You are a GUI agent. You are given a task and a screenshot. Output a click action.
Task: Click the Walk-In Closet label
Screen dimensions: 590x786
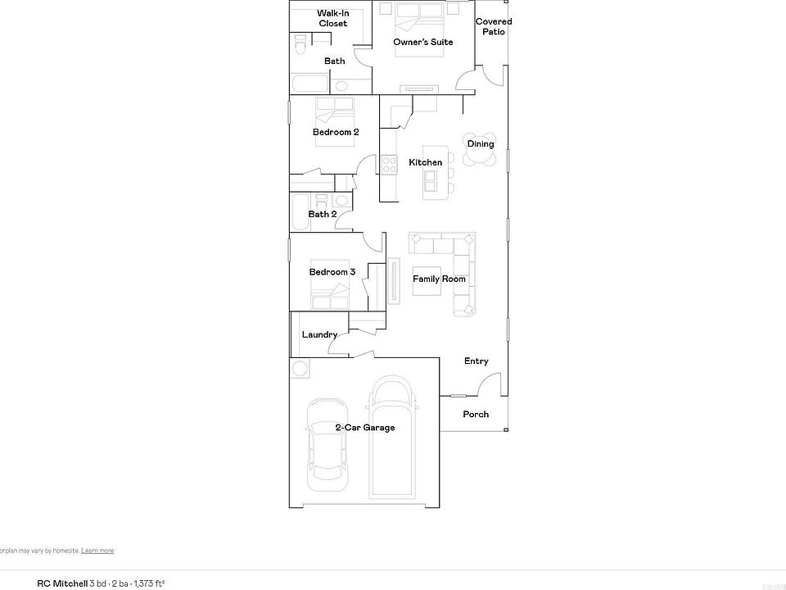pos(333,18)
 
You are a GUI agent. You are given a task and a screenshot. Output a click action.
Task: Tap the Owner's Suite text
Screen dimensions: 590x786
pos(422,42)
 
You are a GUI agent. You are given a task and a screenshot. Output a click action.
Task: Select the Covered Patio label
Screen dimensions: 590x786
pos(494,26)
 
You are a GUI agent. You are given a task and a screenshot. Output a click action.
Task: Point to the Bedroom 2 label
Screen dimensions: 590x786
pos(335,132)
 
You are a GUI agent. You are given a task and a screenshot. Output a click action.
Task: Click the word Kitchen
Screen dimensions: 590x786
pos(425,162)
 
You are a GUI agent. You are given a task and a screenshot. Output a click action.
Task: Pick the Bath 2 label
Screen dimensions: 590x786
pos(322,215)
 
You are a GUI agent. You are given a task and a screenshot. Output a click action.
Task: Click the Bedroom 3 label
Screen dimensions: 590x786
pos(332,272)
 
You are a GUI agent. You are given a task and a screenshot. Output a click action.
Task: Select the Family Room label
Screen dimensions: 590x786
pos(439,279)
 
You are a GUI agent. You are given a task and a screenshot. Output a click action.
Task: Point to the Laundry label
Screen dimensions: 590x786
pos(319,334)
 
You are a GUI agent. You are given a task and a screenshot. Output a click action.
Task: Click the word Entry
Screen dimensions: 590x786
pos(476,361)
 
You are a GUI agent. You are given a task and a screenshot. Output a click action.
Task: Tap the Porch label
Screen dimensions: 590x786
pos(476,415)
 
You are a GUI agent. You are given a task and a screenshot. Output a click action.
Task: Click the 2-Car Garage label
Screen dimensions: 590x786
pos(364,428)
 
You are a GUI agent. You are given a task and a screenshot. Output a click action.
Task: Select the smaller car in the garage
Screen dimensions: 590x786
pos(325,444)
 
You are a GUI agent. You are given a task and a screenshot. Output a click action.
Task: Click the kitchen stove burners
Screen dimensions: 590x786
pos(389,165)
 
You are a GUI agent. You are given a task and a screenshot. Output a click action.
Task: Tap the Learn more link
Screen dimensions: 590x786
pos(97,551)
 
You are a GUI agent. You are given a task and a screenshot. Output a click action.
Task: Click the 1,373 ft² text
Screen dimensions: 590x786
pos(150,583)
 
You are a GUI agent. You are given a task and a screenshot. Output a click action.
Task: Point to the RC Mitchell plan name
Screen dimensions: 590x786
pos(62,583)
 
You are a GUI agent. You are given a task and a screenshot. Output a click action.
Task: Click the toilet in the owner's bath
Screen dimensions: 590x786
pos(300,44)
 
